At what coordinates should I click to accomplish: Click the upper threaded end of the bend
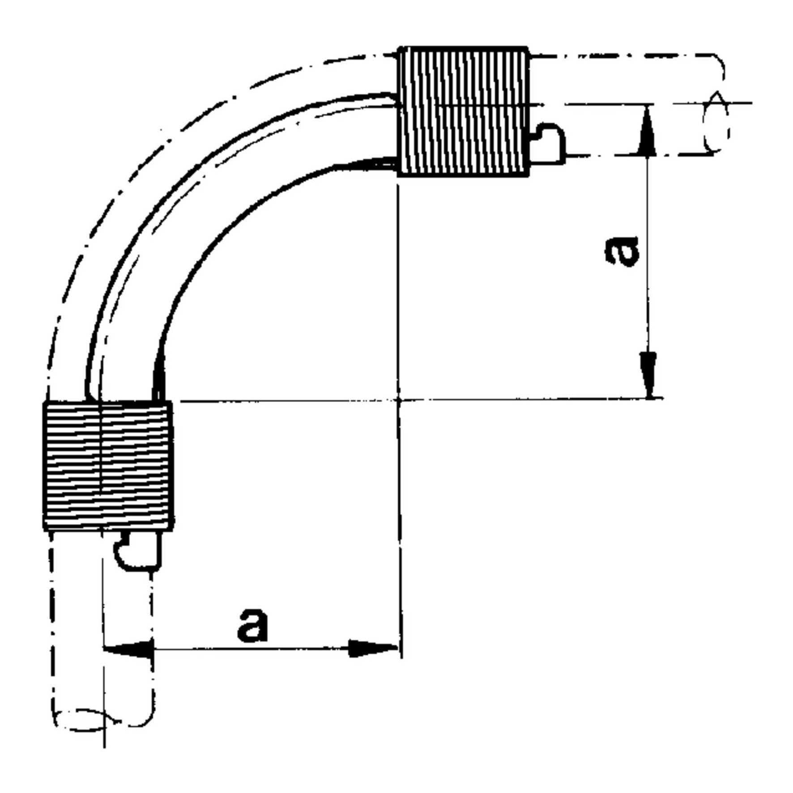[x=463, y=111]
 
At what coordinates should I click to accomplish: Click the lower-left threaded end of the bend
[x=108, y=465]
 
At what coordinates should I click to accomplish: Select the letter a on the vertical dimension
[x=622, y=252]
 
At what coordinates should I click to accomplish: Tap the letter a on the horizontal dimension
[x=253, y=624]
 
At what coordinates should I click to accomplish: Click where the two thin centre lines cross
[x=399, y=400]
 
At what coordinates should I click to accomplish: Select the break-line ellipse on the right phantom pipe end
[x=716, y=122]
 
